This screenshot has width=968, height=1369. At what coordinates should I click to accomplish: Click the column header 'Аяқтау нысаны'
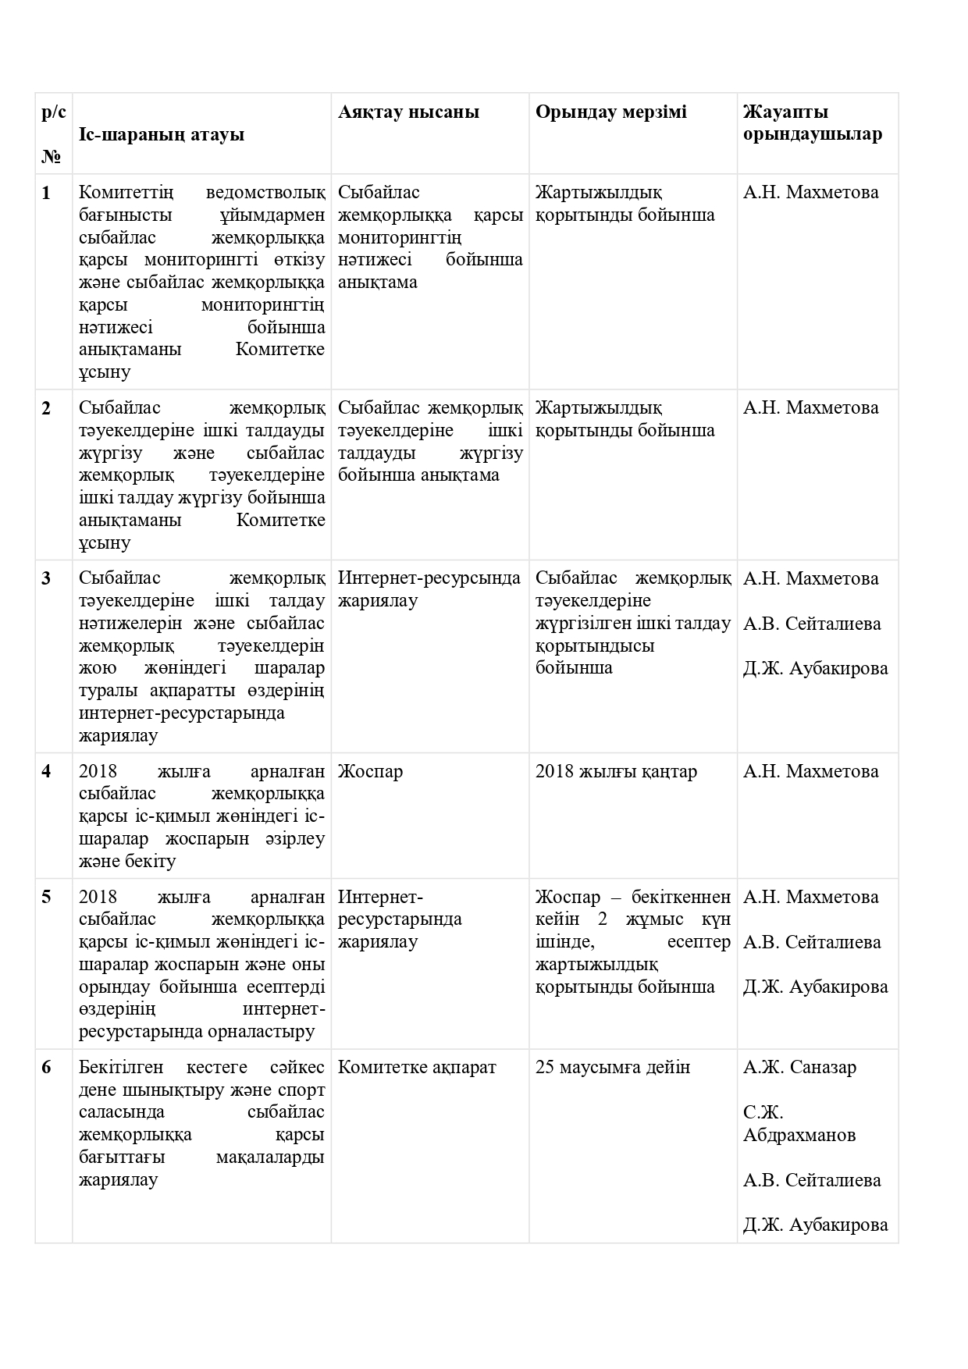408,112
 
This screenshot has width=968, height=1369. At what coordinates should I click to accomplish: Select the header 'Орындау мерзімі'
610,112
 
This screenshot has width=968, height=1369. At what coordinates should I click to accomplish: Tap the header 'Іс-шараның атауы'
162,134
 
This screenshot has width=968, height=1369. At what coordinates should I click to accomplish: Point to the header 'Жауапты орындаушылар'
813,123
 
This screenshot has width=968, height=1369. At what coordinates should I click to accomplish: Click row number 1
46,193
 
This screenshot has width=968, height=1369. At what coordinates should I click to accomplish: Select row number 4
46,771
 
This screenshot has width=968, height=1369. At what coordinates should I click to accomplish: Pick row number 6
46,1067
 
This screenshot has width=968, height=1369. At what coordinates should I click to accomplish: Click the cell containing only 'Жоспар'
370,771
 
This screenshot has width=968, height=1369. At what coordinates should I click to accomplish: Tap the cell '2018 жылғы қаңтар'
616,771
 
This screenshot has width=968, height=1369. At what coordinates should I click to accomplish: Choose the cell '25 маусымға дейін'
613,1067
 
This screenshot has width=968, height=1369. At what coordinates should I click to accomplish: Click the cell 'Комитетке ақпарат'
417,1067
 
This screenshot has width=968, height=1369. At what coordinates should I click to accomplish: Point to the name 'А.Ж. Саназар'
799,1067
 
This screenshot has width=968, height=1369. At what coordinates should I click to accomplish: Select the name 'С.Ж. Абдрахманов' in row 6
799,1123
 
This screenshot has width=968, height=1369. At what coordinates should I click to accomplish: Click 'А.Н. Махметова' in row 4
810,771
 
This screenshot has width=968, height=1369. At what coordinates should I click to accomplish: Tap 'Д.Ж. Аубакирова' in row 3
815,669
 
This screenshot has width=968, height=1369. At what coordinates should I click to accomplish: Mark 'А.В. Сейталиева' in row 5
812,942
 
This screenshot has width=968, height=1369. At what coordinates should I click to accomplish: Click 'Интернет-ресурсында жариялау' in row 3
429,589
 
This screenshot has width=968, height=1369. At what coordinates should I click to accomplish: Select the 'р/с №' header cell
53,134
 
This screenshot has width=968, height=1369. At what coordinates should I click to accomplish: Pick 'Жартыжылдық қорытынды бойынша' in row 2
625,419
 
